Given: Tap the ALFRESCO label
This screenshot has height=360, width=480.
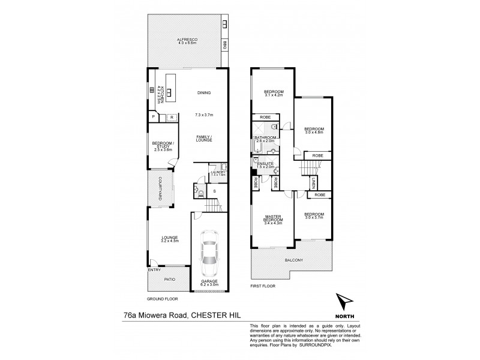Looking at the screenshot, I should (x=188, y=39).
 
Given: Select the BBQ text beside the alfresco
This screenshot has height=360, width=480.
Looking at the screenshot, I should (x=224, y=44).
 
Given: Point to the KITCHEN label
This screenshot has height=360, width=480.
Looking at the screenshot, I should (x=161, y=94).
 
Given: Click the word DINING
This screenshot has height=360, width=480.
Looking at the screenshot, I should (x=205, y=92).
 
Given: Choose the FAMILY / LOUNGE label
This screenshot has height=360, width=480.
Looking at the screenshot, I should (x=205, y=139).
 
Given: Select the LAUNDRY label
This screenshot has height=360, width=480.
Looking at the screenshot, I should (x=217, y=172).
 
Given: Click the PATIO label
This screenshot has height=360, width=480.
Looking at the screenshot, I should (x=170, y=278).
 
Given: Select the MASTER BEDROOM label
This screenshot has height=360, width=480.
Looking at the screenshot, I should (x=272, y=218).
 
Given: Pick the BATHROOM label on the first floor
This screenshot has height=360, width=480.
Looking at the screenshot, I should (x=265, y=137).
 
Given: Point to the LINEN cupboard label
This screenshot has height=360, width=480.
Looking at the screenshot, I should (x=314, y=182).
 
